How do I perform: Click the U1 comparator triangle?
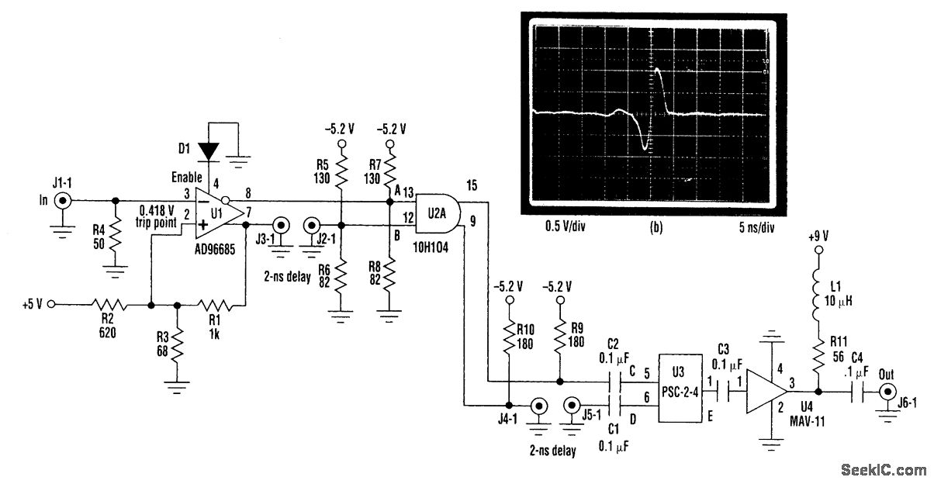coord(216,213)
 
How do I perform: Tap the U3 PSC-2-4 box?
coord(680,388)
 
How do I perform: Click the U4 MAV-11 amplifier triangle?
coord(766,392)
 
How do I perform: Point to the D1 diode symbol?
coord(209,149)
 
